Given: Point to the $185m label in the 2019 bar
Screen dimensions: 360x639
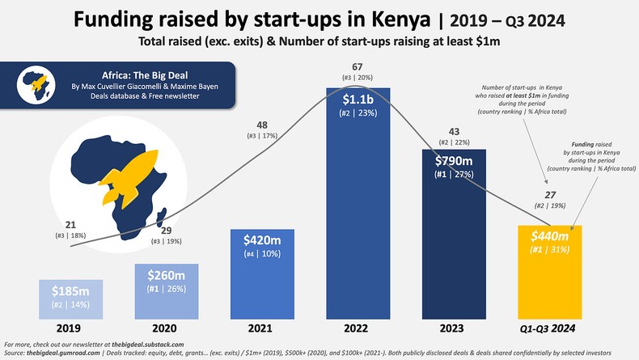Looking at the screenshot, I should point(70,291).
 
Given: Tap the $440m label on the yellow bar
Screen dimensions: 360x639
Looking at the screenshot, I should point(549,235).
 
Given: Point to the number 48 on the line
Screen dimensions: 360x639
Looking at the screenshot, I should point(262,125).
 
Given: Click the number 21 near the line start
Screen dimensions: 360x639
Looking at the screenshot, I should point(70,223).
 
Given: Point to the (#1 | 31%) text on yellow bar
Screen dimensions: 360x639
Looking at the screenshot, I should point(549,250).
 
